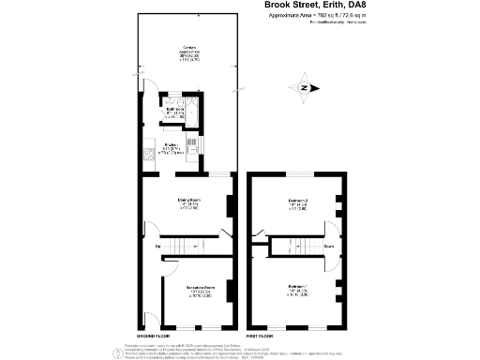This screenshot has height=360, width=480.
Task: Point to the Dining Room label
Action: (188, 203)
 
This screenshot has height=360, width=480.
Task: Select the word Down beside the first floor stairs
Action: (329, 247)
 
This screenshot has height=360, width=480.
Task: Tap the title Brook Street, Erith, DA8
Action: (353, 6)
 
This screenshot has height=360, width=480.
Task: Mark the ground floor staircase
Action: (192, 245)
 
